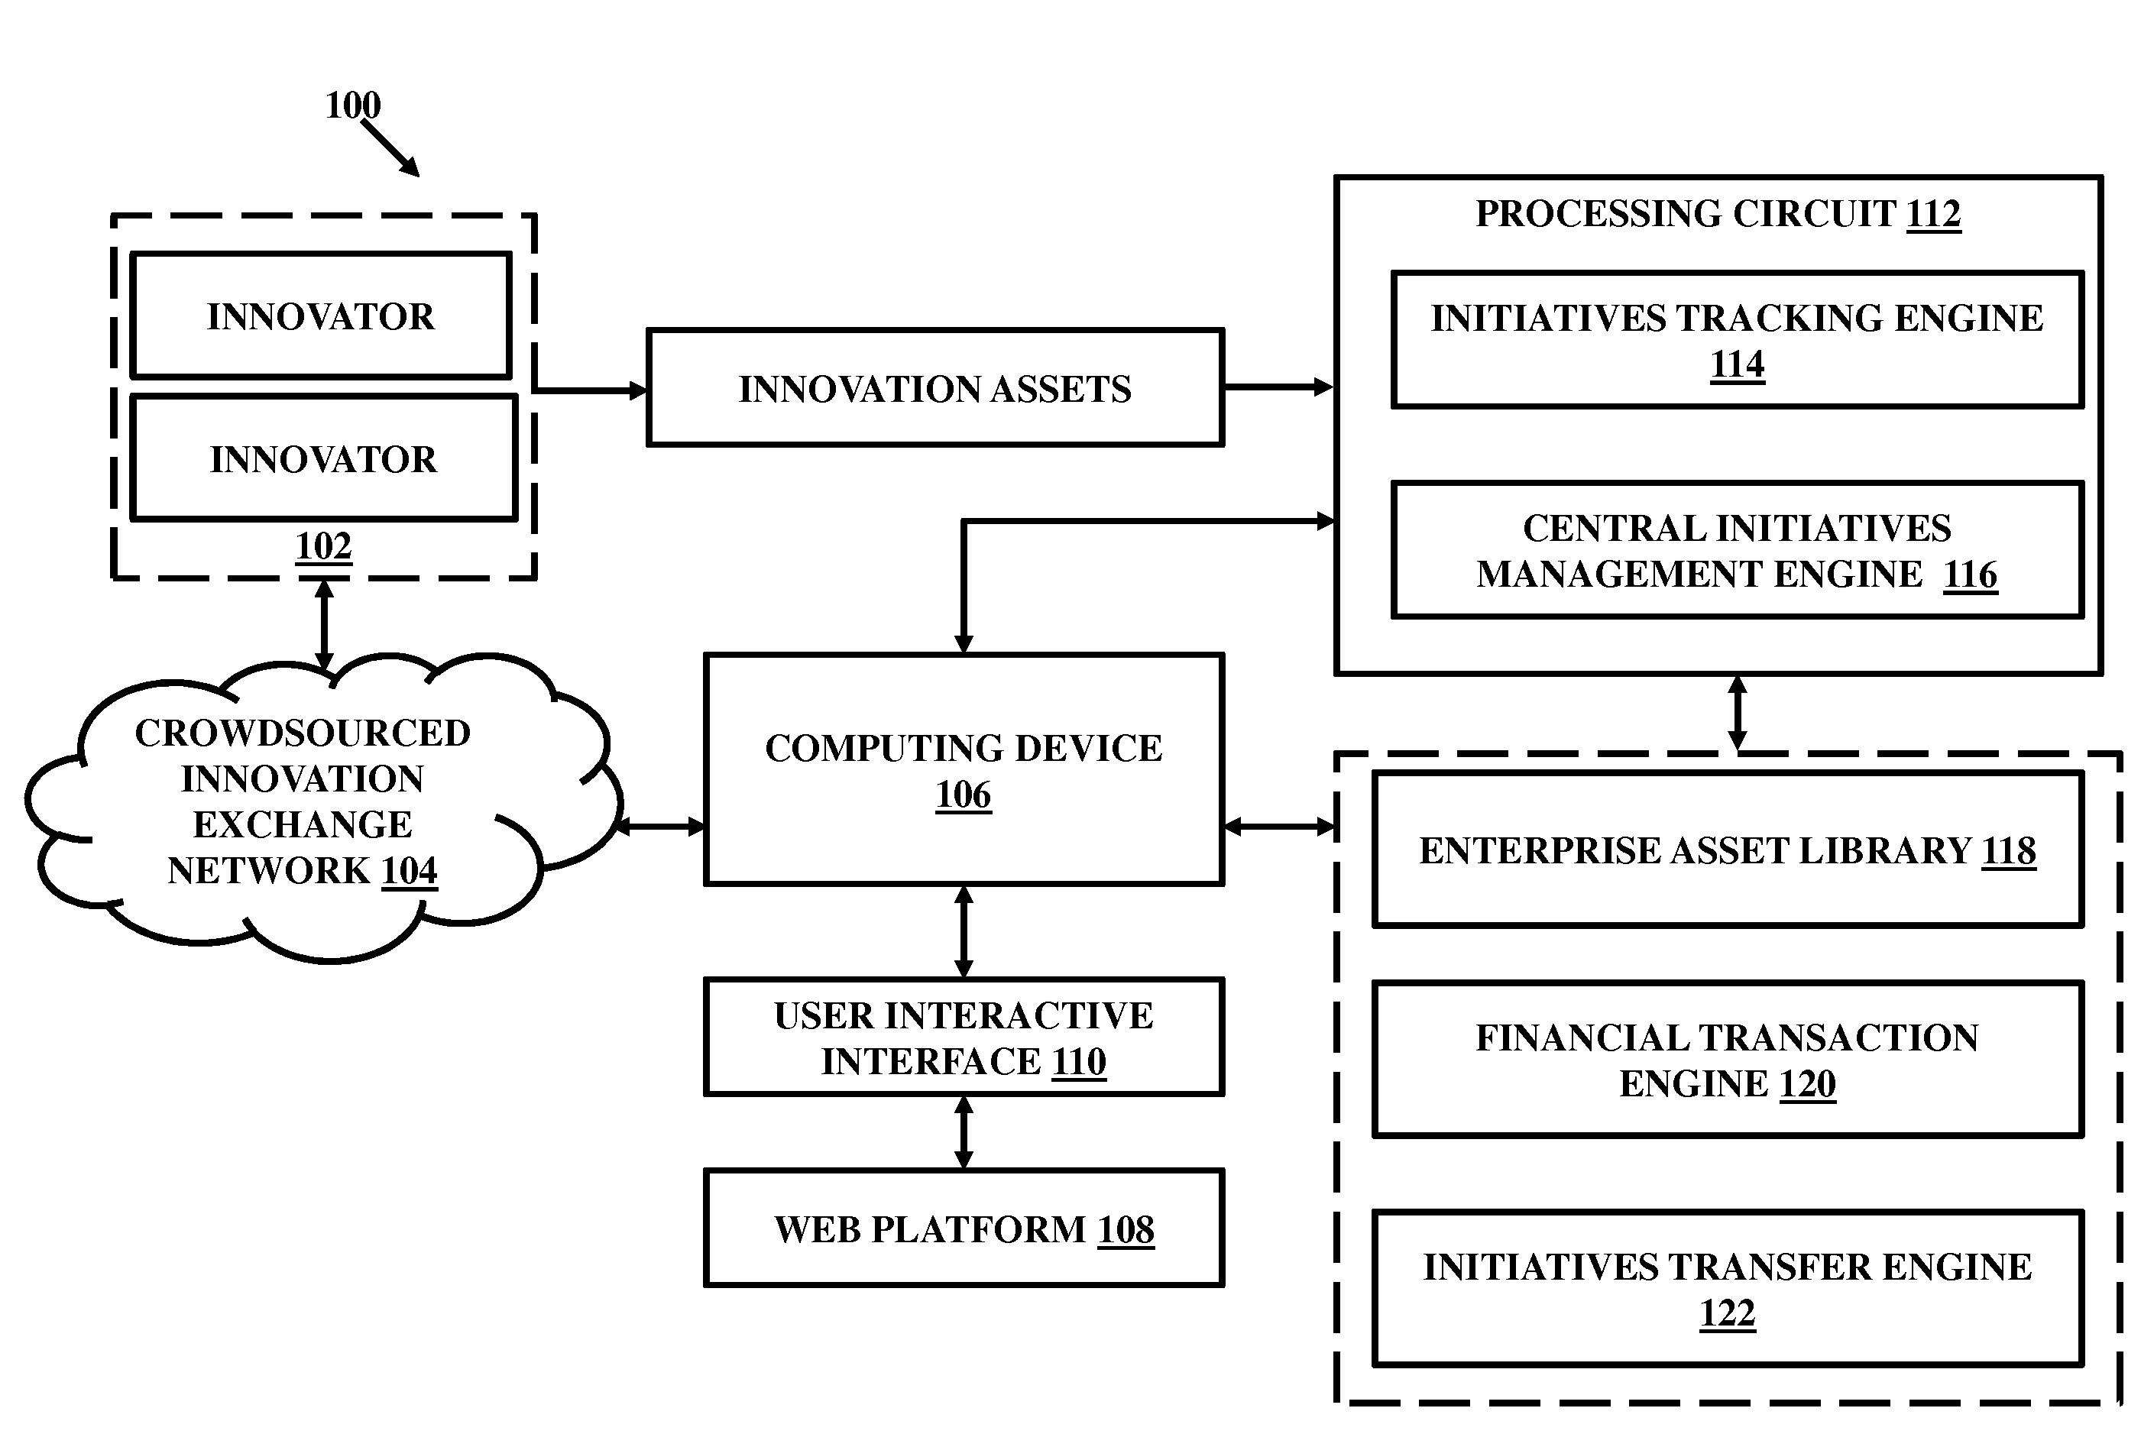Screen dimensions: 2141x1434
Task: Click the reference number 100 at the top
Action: pos(353,105)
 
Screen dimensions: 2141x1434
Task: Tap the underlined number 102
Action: pos(324,547)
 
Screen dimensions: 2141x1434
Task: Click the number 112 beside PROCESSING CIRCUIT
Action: pos(1933,214)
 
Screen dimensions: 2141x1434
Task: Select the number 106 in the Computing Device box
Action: pos(963,795)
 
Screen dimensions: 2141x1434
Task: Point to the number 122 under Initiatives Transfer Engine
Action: pos(1727,1313)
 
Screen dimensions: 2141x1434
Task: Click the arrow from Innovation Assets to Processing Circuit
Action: pos(1279,387)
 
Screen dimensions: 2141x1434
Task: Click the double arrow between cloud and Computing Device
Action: pos(659,827)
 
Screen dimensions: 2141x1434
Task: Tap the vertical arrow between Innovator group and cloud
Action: pos(324,626)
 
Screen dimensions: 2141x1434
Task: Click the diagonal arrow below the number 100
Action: pos(390,148)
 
